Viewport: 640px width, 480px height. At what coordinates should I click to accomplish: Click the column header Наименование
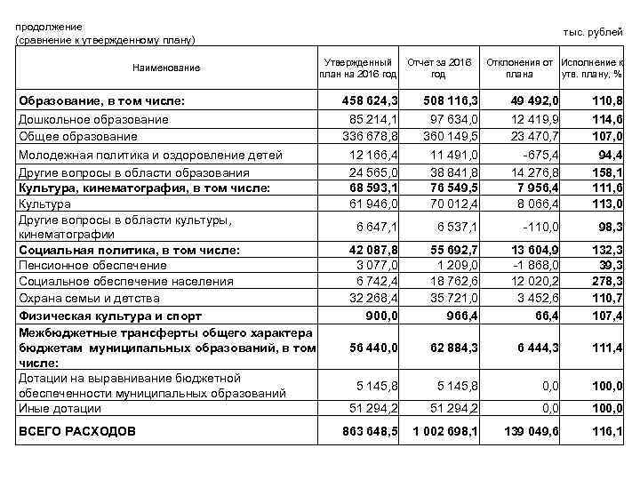166,68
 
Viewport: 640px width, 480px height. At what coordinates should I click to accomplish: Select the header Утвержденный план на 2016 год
358,68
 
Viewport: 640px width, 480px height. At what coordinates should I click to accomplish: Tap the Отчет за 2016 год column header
438,68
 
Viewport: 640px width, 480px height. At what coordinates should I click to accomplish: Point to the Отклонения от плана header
519,68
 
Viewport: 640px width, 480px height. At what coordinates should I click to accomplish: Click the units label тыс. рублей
593,32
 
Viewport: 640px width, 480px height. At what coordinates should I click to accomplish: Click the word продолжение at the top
49,27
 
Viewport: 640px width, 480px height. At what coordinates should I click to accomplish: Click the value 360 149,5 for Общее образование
450,136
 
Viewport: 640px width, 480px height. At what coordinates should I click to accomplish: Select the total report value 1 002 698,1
445,431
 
